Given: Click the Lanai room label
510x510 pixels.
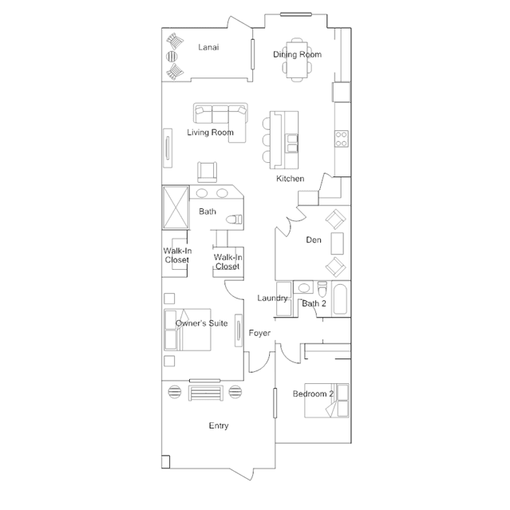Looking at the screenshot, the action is coord(208,47).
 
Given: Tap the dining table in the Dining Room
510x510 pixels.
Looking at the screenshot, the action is coord(297,60).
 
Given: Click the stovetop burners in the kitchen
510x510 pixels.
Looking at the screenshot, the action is coord(342,139).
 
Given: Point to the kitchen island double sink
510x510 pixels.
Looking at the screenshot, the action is coord(292,144).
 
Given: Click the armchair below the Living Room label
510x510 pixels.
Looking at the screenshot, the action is coord(208,172).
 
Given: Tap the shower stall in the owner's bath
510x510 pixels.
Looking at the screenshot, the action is coord(176,208).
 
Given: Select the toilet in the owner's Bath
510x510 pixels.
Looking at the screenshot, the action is coord(234,219).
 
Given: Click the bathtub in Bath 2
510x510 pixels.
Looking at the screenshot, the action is coord(340,299).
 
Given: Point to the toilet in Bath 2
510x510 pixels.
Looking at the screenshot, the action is coord(322,289).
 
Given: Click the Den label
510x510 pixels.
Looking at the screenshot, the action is coord(314,240).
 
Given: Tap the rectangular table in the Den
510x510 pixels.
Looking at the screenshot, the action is coord(338,243).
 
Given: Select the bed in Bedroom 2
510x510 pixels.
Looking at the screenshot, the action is coord(326,401).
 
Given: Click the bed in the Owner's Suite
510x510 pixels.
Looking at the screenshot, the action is coord(188,330).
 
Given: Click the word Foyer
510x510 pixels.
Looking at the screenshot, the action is coord(259,333).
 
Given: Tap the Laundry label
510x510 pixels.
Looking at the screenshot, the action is coord(272,298).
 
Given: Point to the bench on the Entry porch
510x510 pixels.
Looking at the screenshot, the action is coord(206,393).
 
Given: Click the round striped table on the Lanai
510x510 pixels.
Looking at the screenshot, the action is coord(172,57).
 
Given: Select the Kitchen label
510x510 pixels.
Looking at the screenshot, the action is coord(291,179).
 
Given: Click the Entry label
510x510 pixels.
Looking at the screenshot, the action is coord(219,425).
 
